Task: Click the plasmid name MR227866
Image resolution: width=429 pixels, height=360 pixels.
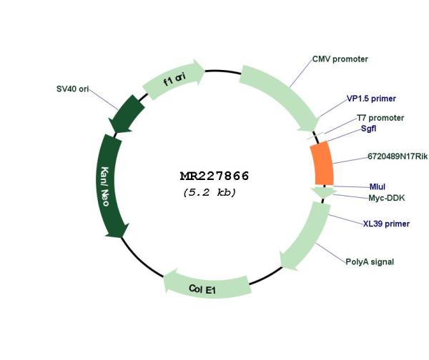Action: (x=214, y=176)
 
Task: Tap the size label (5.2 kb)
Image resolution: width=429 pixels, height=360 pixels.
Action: (x=209, y=192)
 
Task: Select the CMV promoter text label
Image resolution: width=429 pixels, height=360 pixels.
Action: (x=340, y=59)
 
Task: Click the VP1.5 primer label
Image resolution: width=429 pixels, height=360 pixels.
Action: (x=371, y=99)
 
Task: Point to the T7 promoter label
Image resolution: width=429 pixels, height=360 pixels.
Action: (x=380, y=118)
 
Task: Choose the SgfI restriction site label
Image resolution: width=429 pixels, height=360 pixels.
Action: (x=368, y=128)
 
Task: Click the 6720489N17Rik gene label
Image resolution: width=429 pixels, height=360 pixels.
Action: (x=398, y=156)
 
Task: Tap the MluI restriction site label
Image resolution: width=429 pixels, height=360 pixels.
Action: (x=378, y=186)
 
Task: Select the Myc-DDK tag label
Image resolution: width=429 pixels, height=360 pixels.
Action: (x=386, y=198)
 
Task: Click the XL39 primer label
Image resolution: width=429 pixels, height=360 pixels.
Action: (x=386, y=224)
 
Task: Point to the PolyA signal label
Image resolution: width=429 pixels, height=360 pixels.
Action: (x=370, y=262)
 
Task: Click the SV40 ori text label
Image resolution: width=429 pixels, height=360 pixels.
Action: (x=72, y=89)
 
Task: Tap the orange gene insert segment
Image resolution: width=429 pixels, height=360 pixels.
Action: (x=322, y=163)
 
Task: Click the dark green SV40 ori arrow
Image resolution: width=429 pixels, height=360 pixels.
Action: (x=127, y=113)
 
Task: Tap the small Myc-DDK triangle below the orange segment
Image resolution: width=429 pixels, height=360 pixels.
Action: (x=323, y=192)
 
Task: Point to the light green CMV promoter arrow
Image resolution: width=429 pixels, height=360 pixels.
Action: (x=282, y=96)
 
